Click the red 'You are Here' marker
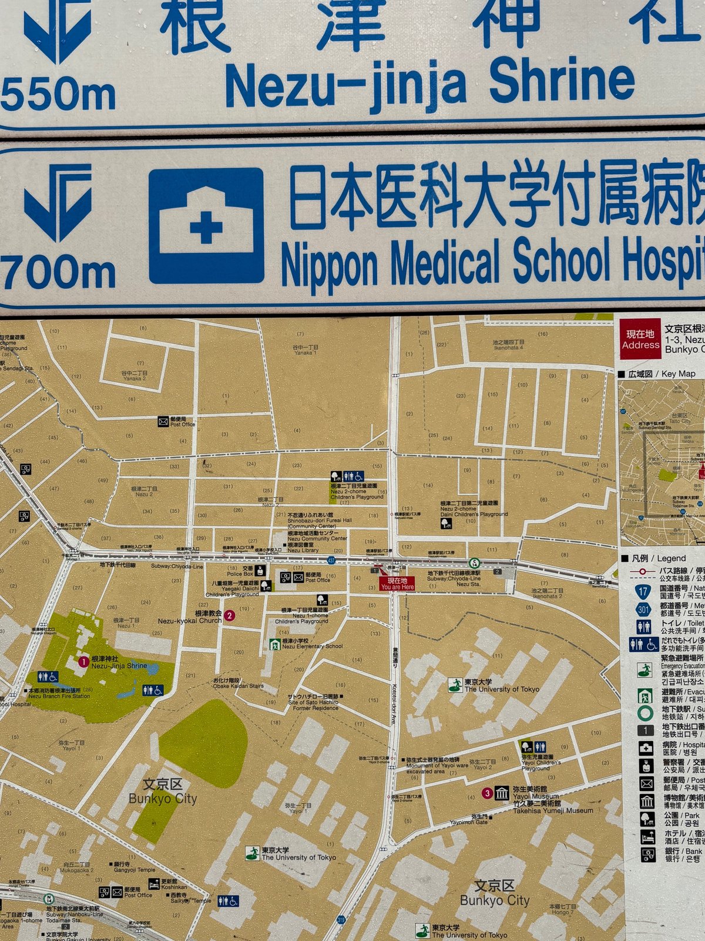[397, 583]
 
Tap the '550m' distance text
[58, 94]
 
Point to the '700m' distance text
[58, 273]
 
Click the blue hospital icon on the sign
[206, 226]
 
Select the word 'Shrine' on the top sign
[562, 82]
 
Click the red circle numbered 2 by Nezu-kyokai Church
[230, 616]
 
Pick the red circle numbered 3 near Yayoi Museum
[487, 793]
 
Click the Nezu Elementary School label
[311, 646]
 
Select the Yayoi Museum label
[536, 796]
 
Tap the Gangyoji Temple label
[135, 870]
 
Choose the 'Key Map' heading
[678, 373]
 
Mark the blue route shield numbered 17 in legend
[643, 591]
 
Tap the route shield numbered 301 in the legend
[643, 609]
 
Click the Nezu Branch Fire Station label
[59, 696]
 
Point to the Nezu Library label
[303, 550]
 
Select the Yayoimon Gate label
[469, 822]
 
